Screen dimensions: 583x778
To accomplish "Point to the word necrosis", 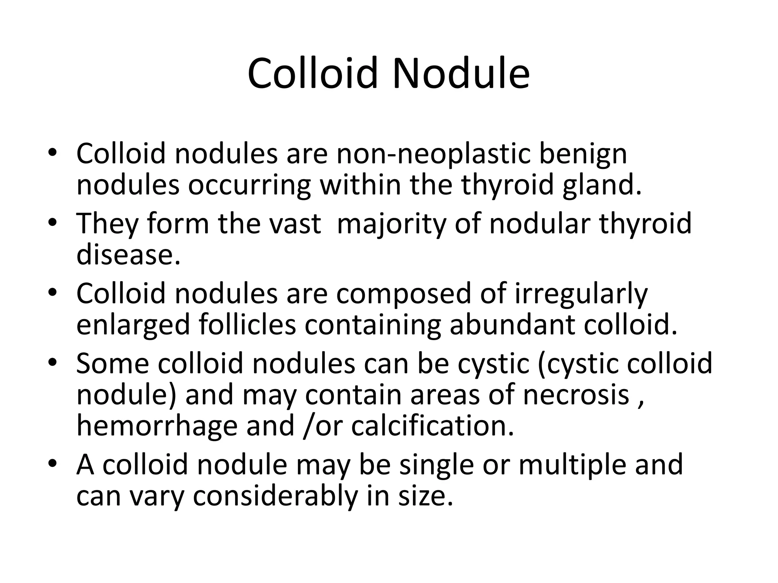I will tap(576, 395).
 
